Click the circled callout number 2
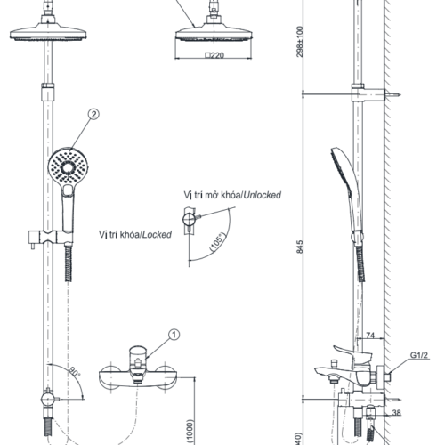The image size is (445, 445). [93, 114]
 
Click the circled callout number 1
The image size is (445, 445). [174, 335]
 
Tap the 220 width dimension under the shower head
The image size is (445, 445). [214, 55]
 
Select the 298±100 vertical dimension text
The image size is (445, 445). [300, 42]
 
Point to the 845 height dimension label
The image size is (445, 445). [300, 247]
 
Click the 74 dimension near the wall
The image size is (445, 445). [370, 336]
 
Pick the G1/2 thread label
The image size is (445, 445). [419, 355]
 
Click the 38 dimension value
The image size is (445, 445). [396, 412]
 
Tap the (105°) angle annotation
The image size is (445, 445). [217, 242]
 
